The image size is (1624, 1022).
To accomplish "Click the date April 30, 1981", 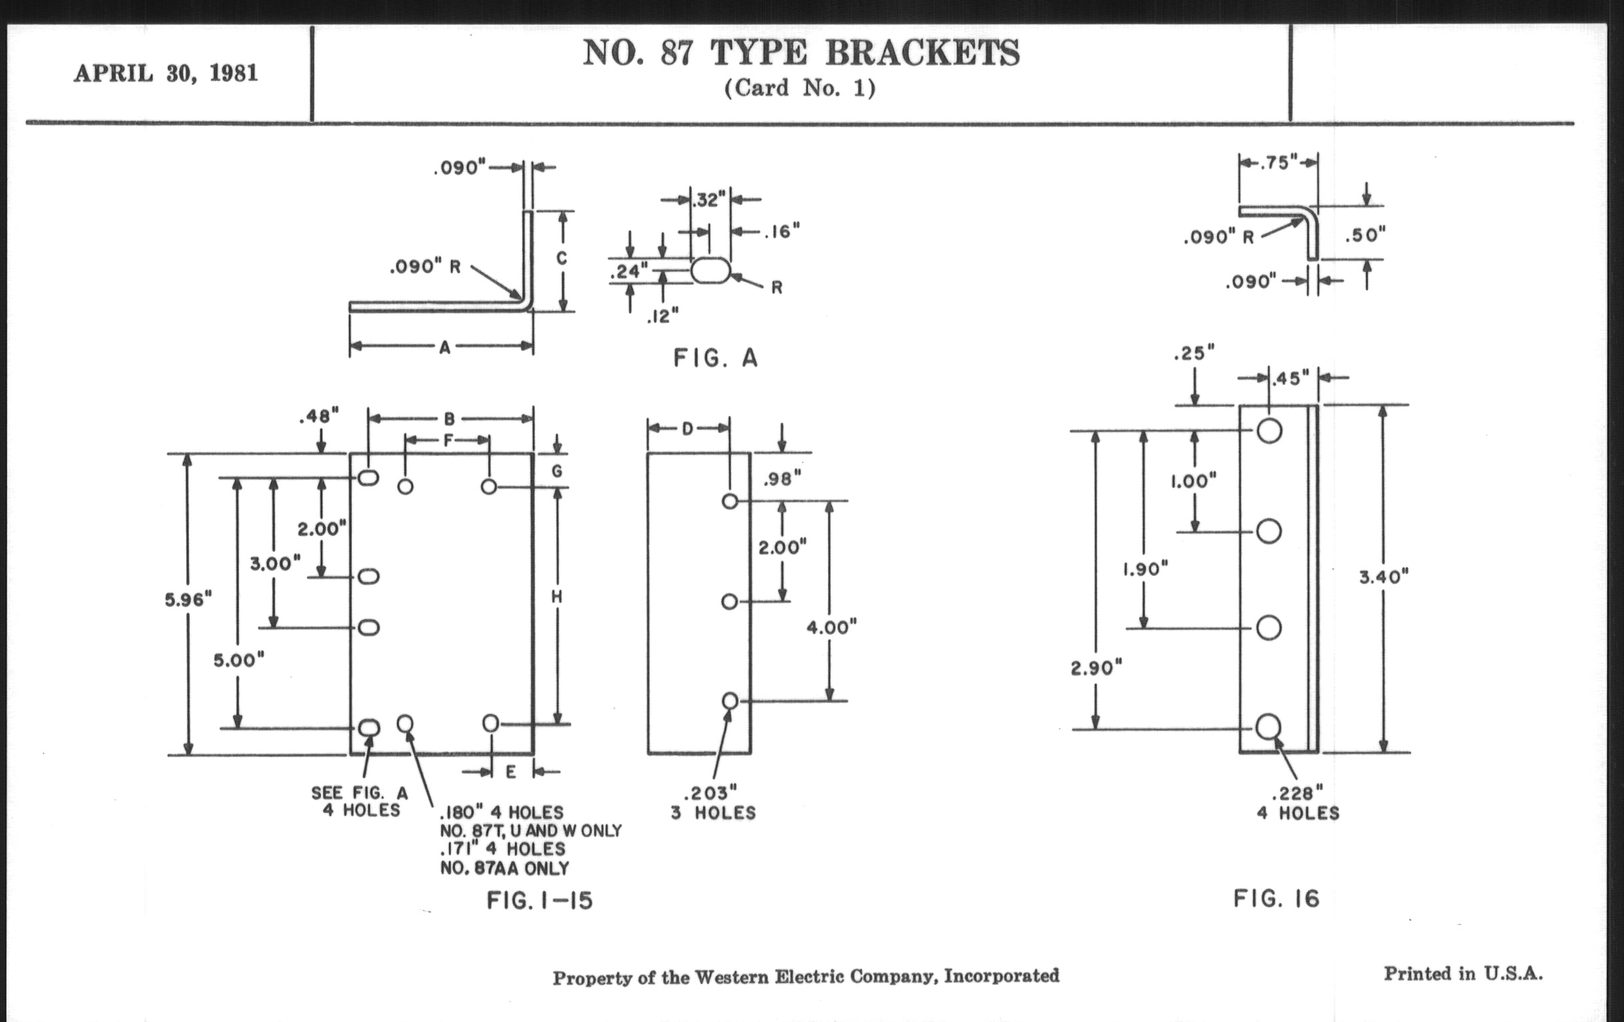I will click(x=166, y=73).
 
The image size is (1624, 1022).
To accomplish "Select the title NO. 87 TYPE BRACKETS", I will click(x=801, y=53).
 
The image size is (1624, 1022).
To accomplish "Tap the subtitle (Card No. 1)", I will click(x=800, y=88).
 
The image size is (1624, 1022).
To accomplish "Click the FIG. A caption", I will click(x=716, y=357).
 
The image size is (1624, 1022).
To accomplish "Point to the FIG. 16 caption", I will click(x=1276, y=898).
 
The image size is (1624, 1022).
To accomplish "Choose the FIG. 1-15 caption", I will click(x=540, y=900).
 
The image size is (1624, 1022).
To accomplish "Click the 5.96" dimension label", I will click(x=188, y=599).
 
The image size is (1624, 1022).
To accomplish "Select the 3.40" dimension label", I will click(x=1383, y=576).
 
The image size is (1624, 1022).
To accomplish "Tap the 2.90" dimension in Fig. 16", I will click(x=1096, y=668).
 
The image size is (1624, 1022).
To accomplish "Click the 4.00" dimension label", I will click(x=831, y=627).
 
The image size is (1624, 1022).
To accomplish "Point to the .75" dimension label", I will click(x=1279, y=162).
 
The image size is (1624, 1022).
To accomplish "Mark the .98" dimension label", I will click(x=783, y=479).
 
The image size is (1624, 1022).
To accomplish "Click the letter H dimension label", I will click(x=557, y=597).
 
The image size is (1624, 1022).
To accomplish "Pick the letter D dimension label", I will click(x=687, y=428).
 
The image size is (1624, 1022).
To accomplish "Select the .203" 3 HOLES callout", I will click(x=713, y=802).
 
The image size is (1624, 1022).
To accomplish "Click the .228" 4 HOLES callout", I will click(x=1297, y=802).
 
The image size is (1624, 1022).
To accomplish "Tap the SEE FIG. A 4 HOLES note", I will click(x=360, y=802).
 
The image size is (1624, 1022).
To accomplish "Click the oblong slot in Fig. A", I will click(x=710, y=271).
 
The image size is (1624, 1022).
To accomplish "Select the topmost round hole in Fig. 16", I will click(x=1269, y=430).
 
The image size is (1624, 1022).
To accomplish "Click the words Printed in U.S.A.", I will click(x=1463, y=973).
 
